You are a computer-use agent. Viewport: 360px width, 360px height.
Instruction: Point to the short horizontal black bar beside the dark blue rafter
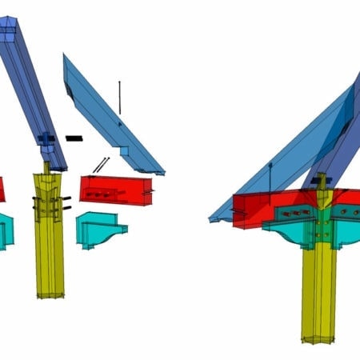point(74,138)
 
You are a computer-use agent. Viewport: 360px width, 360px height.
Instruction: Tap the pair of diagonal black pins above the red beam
point(100,165)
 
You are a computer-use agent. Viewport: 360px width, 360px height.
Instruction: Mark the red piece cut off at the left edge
point(2,189)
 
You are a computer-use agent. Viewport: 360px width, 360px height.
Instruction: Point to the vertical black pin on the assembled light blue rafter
point(270,178)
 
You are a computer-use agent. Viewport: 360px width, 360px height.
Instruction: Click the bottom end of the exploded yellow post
point(50,294)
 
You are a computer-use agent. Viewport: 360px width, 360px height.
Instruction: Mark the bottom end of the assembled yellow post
point(317,339)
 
